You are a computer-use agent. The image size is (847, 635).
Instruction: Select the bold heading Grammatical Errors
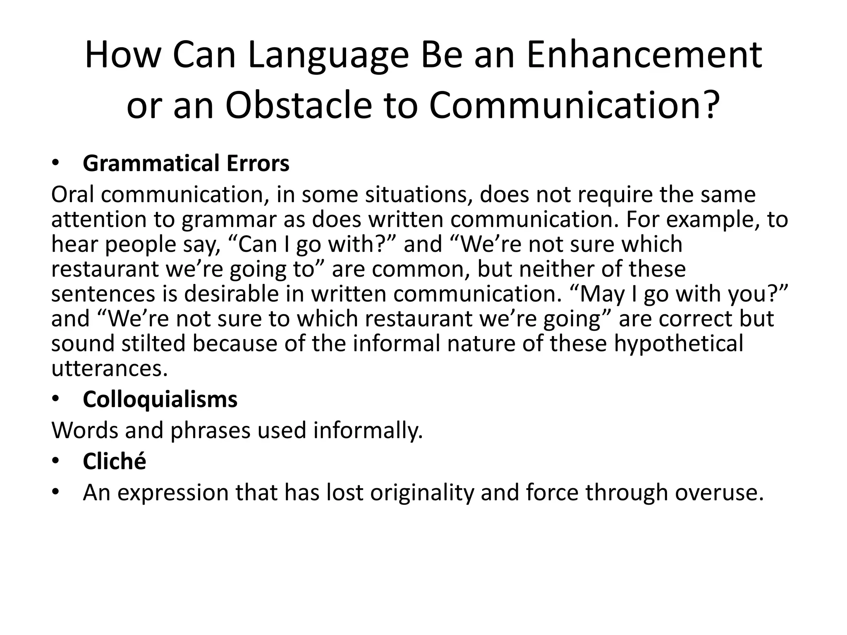(x=186, y=163)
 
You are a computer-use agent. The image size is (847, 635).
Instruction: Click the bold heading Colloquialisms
(x=160, y=399)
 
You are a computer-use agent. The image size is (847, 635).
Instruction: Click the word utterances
(x=109, y=368)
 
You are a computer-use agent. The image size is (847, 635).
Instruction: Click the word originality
(x=422, y=492)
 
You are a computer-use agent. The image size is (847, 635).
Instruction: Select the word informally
(x=368, y=430)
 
